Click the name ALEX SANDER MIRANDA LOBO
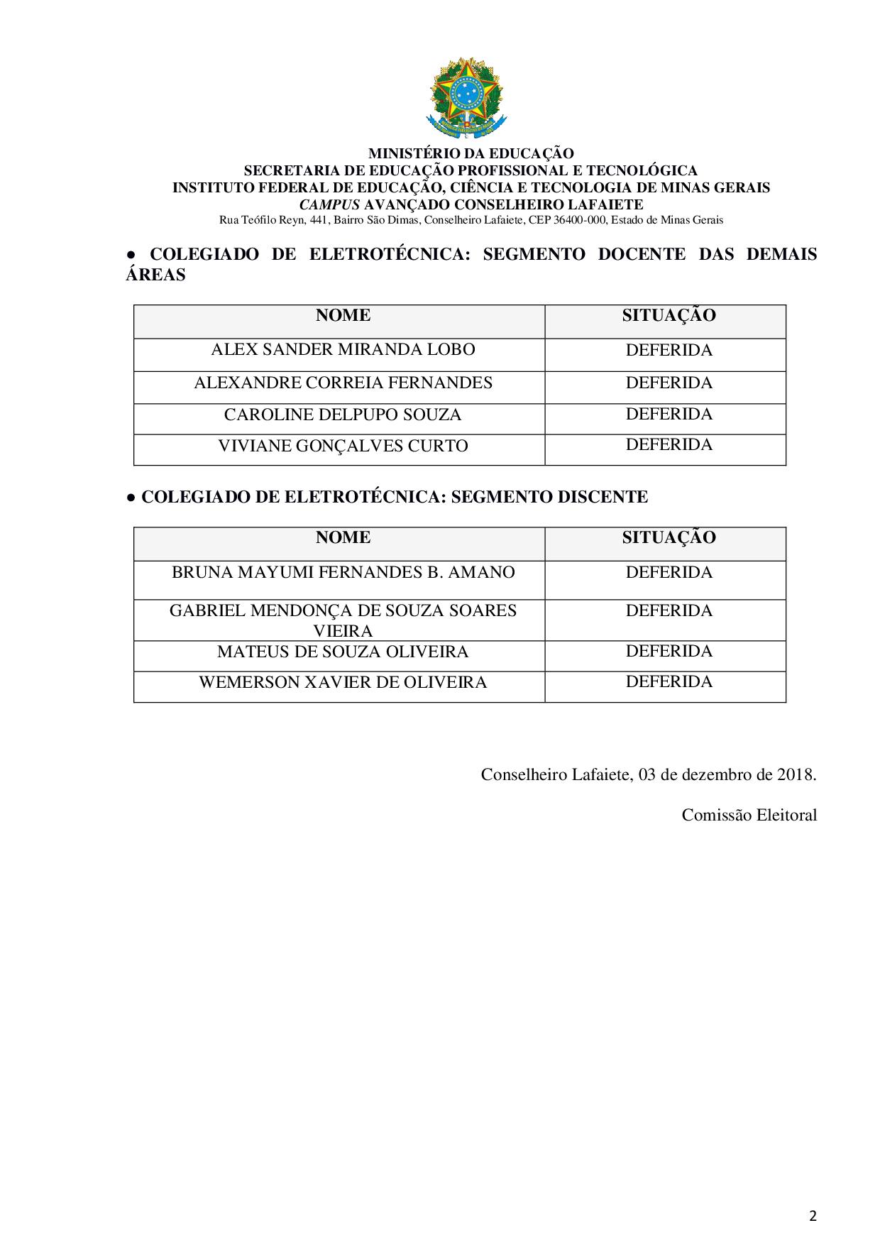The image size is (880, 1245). point(343,350)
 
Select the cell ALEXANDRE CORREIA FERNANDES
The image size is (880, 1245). point(343,383)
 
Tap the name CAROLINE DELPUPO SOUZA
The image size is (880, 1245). point(343,415)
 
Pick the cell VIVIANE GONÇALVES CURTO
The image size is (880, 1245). point(343,446)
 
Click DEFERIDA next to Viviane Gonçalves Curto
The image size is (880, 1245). point(669,445)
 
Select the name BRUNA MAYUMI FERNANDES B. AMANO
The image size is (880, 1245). point(343,573)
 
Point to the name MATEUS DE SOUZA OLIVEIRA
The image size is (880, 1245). point(343,652)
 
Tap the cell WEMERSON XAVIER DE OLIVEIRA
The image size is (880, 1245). point(343,683)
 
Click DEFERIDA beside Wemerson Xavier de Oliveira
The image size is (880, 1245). point(669,682)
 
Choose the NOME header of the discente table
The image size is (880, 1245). point(343,538)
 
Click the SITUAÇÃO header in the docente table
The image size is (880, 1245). point(669,316)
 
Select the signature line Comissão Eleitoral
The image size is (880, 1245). point(749,816)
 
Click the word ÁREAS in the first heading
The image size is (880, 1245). point(155,275)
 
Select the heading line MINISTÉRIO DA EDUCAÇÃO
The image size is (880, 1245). point(471,153)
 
